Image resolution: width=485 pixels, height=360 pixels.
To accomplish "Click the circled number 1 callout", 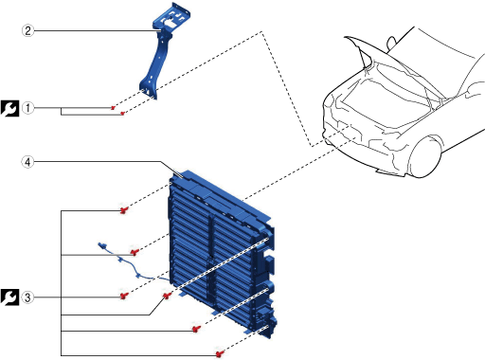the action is point(27,108).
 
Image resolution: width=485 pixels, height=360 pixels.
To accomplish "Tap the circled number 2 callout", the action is point(27,30).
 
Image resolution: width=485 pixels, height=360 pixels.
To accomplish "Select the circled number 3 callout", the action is point(27,297).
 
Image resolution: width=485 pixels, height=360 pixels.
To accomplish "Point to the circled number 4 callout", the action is point(27,162).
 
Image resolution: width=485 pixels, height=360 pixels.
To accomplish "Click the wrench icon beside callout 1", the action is point(9,108).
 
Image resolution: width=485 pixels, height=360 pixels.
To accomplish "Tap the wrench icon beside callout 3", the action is point(9,297).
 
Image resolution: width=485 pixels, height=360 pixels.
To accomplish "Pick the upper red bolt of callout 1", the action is point(113,108).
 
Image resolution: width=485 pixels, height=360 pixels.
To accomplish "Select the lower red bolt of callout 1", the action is point(122,113).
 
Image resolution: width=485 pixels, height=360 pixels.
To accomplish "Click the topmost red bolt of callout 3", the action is point(124,209).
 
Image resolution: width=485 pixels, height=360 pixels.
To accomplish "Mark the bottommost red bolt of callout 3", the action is point(220,353).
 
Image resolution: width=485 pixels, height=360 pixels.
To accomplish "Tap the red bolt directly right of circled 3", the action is point(124,296).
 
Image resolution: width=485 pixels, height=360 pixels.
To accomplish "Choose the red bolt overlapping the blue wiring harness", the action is point(135,252).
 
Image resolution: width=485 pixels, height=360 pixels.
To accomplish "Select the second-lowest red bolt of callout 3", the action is point(196,329).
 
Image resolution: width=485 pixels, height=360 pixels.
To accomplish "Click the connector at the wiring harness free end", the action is point(102,245).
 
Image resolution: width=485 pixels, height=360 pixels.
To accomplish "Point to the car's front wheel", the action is point(425,156).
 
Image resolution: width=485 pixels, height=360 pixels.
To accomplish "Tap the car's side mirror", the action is point(391,43).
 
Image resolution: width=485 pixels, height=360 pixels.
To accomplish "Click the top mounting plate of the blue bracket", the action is point(172,19).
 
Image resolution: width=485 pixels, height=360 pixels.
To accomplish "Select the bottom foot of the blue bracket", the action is point(148,88).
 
